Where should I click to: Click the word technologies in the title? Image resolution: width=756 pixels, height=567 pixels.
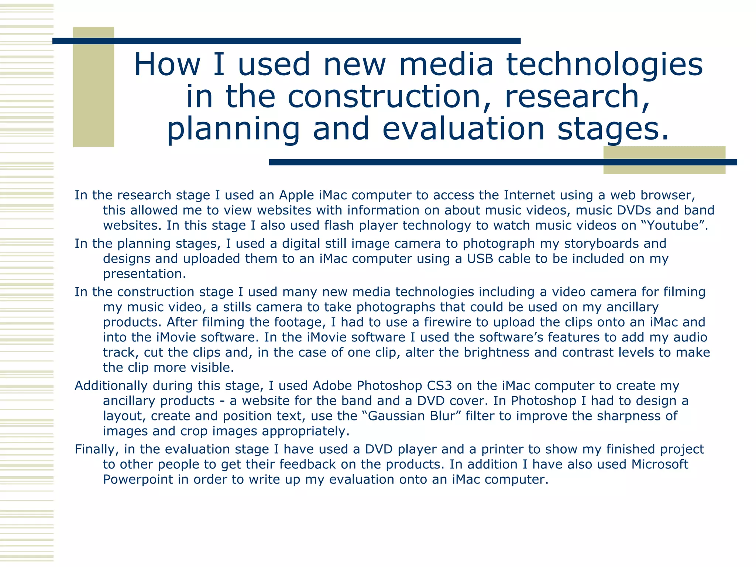[x=604, y=65]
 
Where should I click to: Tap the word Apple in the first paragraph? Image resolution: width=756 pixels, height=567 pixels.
[x=296, y=195]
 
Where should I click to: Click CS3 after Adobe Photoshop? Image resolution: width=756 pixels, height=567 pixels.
[x=439, y=385]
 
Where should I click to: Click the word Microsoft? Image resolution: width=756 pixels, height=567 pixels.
[x=660, y=464]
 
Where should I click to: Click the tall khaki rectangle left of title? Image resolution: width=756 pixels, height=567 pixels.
[x=93, y=87]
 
